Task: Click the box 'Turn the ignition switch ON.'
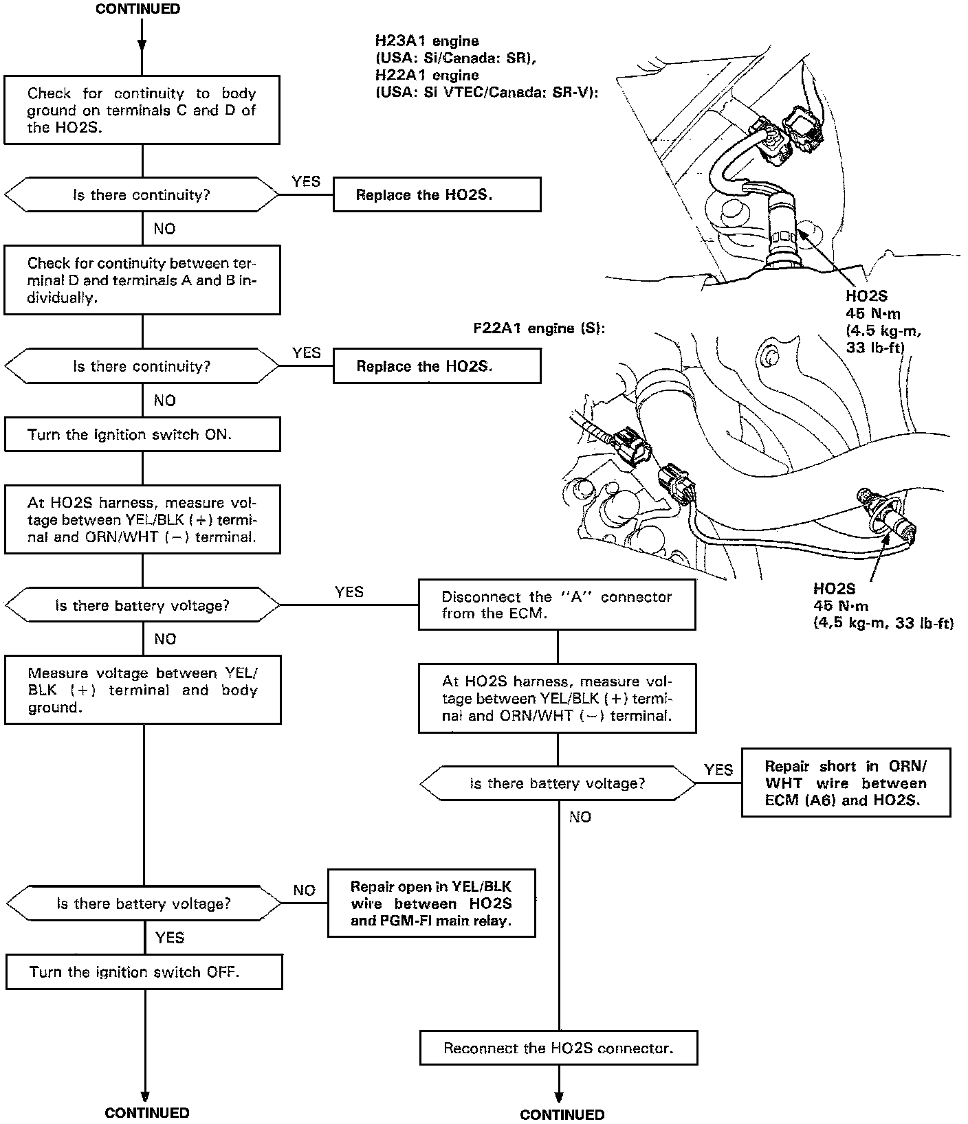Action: (x=142, y=434)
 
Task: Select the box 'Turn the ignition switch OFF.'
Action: (x=144, y=971)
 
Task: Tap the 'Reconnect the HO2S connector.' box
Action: (x=558, y=1048)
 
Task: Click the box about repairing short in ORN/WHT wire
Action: (x=846, y=783)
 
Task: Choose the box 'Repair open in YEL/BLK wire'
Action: (x=431, y=903)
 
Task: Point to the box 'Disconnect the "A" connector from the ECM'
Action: (x=557, y=605)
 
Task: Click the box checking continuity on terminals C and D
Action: (x=142, y=110)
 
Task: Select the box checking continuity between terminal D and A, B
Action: (x=142, y=280)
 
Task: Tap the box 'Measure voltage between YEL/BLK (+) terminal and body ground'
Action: (x=143, y=690)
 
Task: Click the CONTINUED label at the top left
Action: (x=138, y=9)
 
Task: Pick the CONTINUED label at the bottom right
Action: (x=562, y=1114)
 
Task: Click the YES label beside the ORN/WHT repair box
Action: (x=718, y=769)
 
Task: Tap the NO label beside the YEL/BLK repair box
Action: (x=304, y=890)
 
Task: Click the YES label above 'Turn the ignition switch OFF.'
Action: (x=170, y=937)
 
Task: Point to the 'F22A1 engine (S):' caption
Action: (x=534, y=328)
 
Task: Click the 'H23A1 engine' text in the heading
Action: (x=427, y=41)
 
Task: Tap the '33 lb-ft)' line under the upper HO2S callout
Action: (x=874, y=348)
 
